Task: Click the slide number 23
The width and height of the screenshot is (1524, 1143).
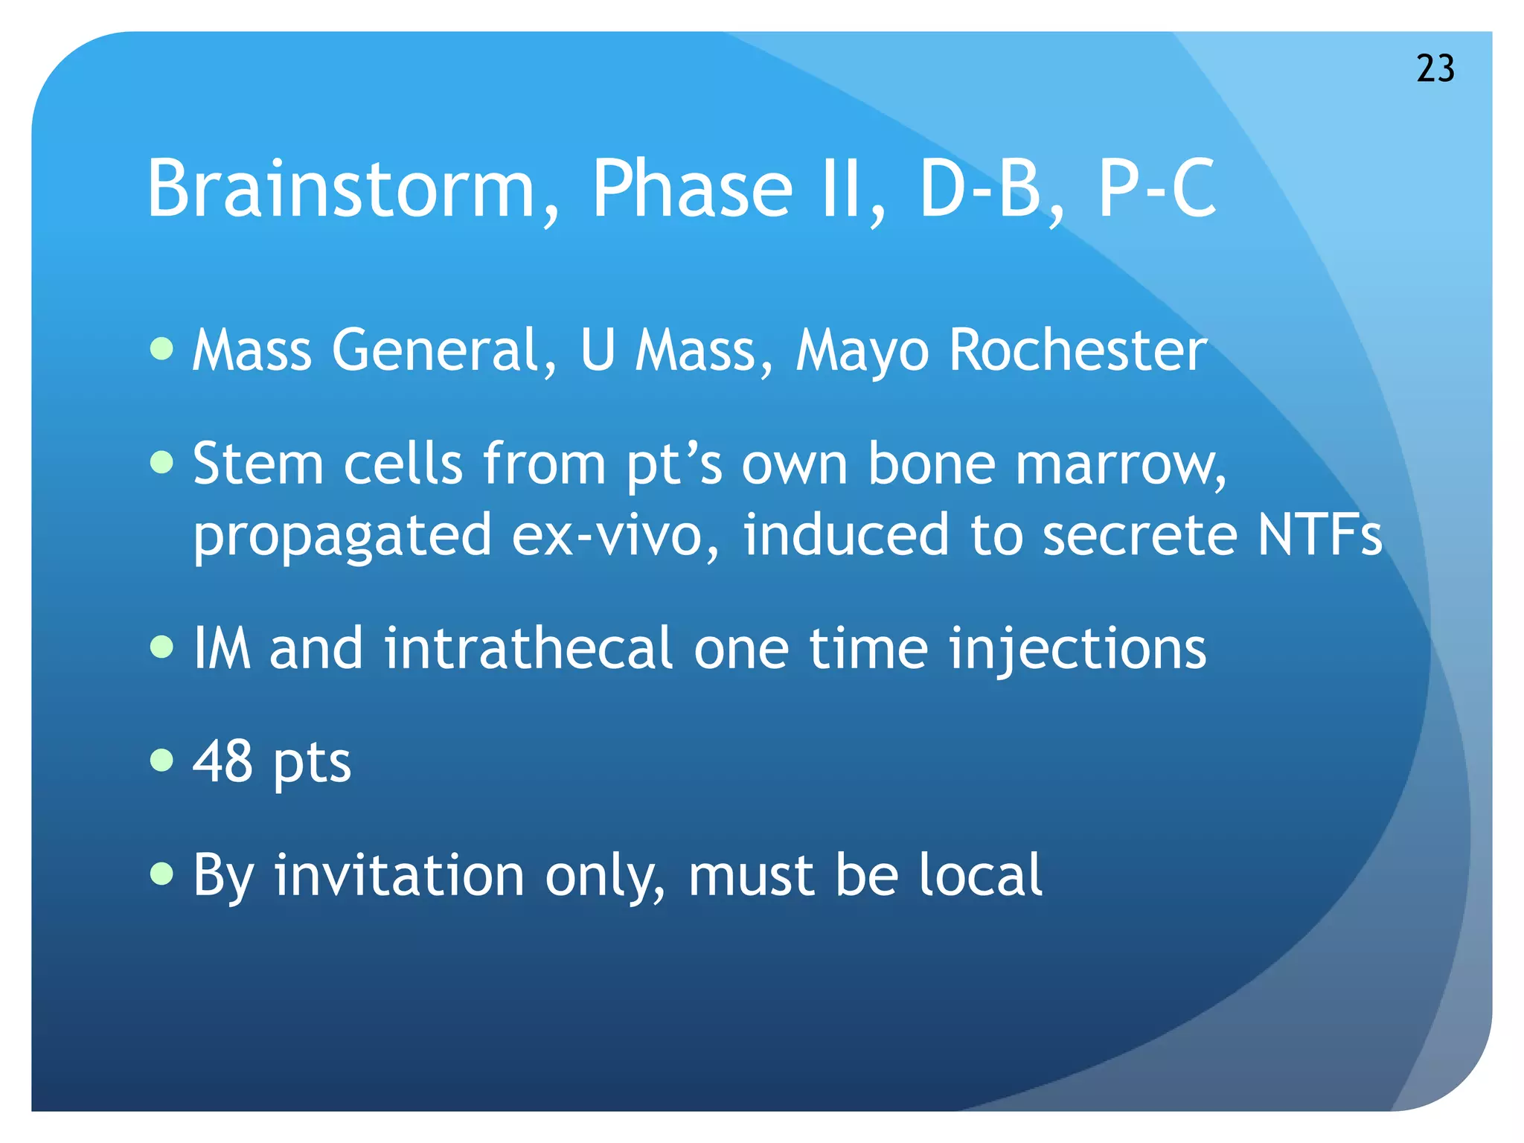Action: (1435, 68)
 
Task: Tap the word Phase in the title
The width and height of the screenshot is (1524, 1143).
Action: (692, 189)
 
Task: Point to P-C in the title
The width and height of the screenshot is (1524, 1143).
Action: (1156, 189)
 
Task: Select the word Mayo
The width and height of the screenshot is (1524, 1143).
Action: (862, 351)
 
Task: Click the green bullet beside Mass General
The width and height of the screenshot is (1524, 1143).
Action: (161, 348)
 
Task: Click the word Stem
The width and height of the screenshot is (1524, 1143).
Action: (257, 464)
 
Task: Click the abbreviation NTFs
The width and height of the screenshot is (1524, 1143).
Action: (1319, 536)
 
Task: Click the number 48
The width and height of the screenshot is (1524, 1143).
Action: (222, 762)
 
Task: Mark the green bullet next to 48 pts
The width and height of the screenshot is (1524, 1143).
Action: (161, 761)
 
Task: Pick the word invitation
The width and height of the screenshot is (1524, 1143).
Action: (399, 875)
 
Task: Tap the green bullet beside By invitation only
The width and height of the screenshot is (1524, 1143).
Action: (161, 874)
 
